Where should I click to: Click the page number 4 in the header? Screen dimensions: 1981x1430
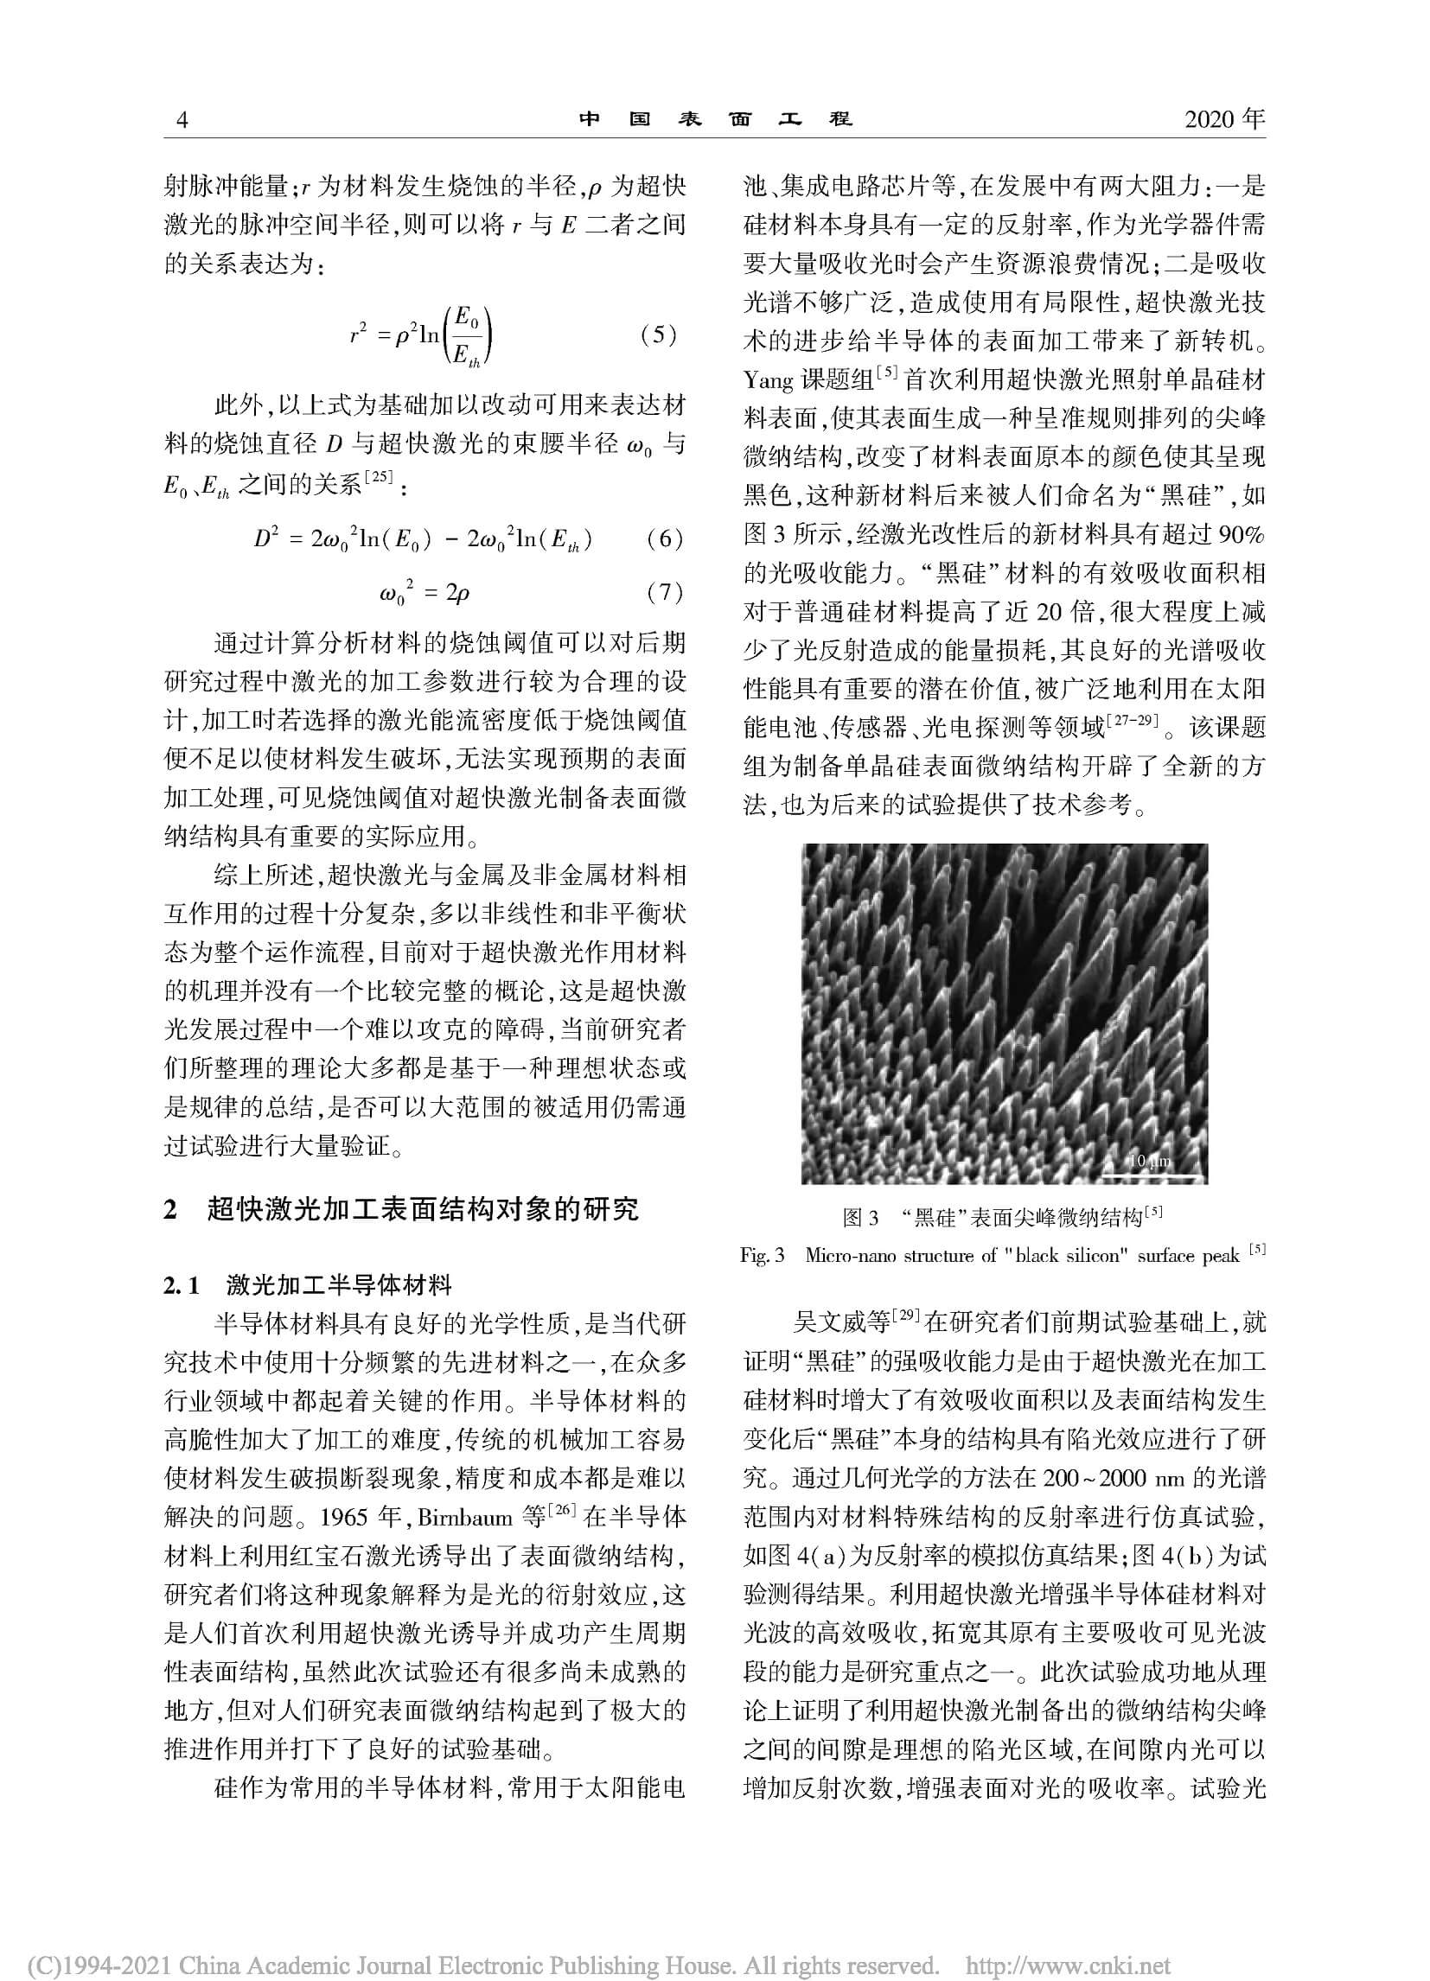(182, 120)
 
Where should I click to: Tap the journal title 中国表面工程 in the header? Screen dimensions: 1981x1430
(714, 119)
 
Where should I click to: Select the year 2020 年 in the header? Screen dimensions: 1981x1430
(1225, 118)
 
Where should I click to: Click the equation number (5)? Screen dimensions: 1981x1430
(658, 335)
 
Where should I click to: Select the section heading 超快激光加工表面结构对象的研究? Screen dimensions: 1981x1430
(423, 1209)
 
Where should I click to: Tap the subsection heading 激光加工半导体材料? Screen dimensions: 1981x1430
(339, 1285)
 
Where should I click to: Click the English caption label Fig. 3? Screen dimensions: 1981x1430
(762, 1256)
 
